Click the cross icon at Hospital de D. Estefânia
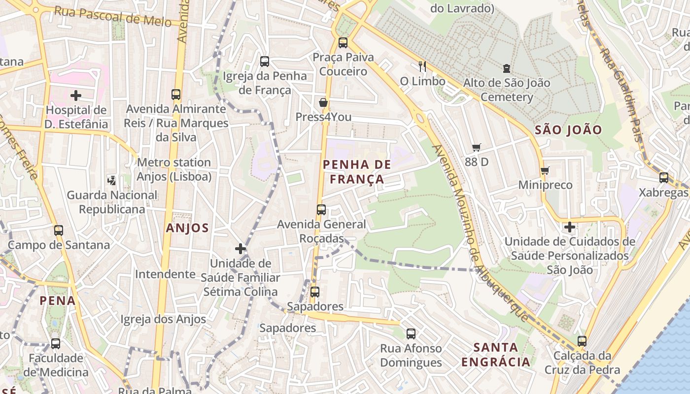tap(76, 95)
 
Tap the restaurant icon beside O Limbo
tap(422, 66)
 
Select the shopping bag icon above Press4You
tap(323, 102)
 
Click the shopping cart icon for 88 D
tap(476, 147)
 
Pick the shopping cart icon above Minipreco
tap(545, 170)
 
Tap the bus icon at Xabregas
tap(664, 178)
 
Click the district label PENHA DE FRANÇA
tap(357, 172)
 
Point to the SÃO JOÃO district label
tap(568, 130)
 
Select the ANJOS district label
tap(187, 228)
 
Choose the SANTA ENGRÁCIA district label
tap(496, 355)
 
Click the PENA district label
tap(58, 300)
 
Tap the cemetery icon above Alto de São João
tap(506, 68)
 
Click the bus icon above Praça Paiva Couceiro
tap(343, 42)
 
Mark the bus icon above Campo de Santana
tap(59, 230)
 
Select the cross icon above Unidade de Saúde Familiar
tap(241, 249)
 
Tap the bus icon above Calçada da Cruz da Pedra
tap(582, 341)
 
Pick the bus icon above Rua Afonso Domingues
tap(411, 334)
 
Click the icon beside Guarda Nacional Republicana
tap(112, 180)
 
